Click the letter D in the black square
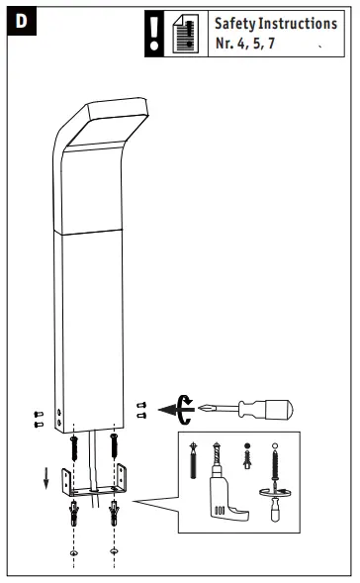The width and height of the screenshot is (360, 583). pos(20,22)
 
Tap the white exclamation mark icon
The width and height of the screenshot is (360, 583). pos(153,32)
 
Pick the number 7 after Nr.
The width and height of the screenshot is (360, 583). pos(271,44)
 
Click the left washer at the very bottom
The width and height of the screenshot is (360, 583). pos(75,550)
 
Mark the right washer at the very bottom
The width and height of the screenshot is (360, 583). pos(116,550)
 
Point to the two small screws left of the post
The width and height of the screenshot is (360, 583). pos(38,419)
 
